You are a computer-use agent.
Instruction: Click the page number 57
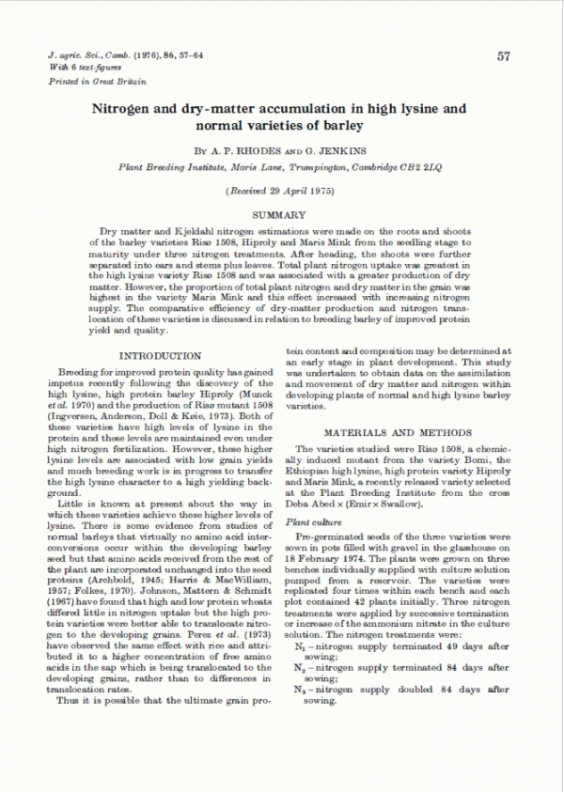click(x=503, y=56)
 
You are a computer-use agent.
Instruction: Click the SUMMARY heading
click(x=281, y=215)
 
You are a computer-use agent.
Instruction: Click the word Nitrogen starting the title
click(x=122, y=109)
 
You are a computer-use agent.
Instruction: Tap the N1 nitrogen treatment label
click(x=301, y=648)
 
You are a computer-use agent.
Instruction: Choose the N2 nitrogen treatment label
click(x=301, y=667)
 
